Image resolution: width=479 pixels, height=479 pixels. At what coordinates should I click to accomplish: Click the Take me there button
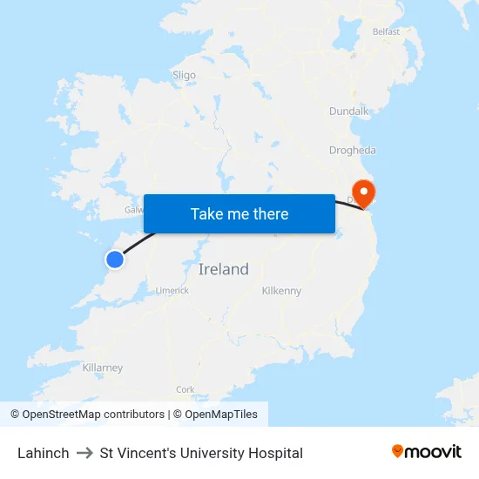(239, 213)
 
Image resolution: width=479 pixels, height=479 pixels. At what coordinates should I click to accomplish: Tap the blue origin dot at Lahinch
(115, 259)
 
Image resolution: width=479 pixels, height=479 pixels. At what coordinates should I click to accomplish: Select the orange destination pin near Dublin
(361, 192)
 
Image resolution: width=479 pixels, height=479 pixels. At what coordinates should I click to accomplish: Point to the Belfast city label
(386, 31)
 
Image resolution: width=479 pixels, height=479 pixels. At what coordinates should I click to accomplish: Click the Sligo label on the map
(185, 75)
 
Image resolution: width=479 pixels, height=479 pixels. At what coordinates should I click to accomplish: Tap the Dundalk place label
(349, 111)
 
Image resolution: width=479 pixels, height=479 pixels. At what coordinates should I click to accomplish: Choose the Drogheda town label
(353, 150)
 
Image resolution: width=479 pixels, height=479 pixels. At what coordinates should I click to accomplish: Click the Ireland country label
(224, 269)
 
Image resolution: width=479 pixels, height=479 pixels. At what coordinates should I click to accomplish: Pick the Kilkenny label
(281, 290)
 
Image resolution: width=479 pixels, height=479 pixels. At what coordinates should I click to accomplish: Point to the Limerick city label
(172, 290)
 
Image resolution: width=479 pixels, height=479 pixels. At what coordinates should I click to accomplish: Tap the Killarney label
(103, 368)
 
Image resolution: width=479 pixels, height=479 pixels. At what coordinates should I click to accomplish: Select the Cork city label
(185, 389)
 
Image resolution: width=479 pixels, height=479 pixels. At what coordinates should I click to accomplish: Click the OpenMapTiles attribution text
(220, 415)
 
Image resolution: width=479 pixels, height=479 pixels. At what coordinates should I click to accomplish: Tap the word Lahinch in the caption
(43, 453)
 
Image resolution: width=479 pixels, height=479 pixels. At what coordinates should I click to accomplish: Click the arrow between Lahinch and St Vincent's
(84, 453)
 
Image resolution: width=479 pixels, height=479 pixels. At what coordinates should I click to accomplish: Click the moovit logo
(427, 451)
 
